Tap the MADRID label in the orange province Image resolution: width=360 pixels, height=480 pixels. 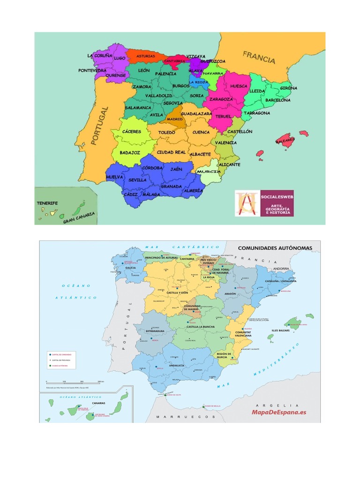(175, 119)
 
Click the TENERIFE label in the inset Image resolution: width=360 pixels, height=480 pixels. (47, 203)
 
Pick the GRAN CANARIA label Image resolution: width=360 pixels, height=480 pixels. (79, 217)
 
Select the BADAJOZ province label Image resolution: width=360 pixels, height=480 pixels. (130, 152)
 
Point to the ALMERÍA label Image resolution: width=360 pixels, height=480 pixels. (193, 191)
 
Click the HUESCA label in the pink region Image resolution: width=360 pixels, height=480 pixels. (238, 86)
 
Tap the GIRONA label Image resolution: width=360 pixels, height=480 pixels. (288, 88)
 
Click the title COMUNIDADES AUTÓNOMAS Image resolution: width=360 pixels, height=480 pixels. (275, 247)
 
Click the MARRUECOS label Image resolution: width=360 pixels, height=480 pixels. (185, 416)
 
